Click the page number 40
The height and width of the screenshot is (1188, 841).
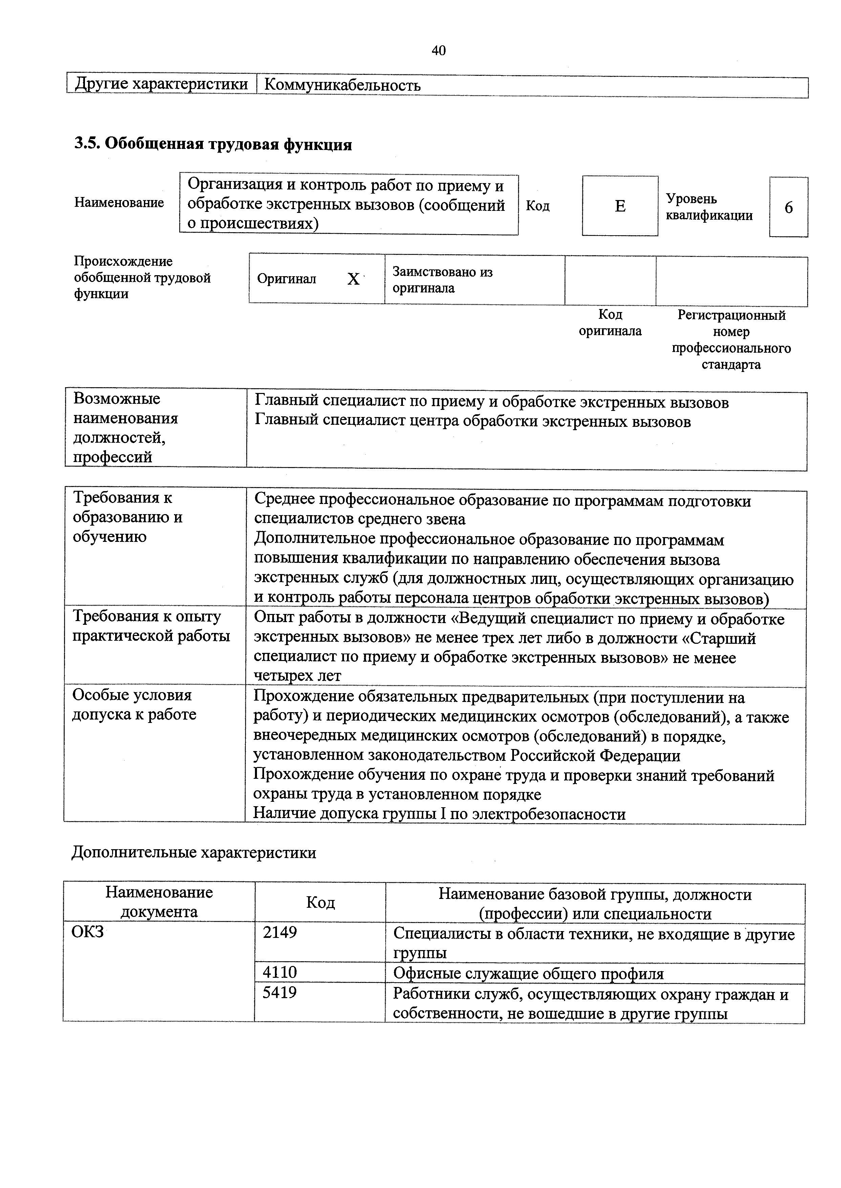(438, 50)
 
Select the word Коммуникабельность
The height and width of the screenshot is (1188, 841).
(342, 85)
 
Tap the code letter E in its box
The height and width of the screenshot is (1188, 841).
(620, 206)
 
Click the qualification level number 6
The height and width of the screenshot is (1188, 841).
(788, 207)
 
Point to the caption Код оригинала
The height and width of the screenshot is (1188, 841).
(610, 323)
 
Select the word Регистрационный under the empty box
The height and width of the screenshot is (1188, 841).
(731, 315)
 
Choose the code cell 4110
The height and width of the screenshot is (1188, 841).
(280, 972)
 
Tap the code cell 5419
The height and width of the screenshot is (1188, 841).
(280, 992)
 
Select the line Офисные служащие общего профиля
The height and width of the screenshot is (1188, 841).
(528, 974)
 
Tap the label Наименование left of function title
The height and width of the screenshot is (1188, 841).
(119, 202)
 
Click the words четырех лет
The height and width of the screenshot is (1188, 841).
(297, 676)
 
